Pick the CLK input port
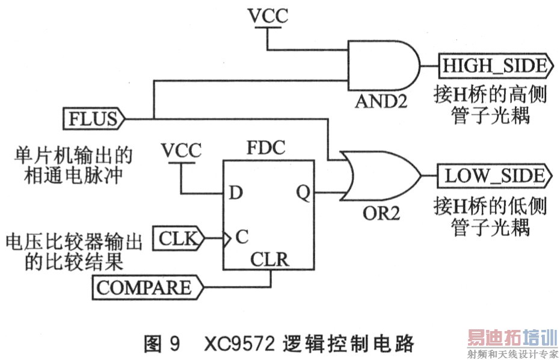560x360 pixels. pos(179,238)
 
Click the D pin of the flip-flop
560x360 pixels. pos(236,193)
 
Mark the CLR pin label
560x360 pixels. pos(269,260)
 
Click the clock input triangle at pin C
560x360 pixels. pos(227,238)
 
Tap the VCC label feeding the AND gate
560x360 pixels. pos(268,17)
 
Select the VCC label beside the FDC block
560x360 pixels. pos(181,149)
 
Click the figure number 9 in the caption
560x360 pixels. pos(174,344)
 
